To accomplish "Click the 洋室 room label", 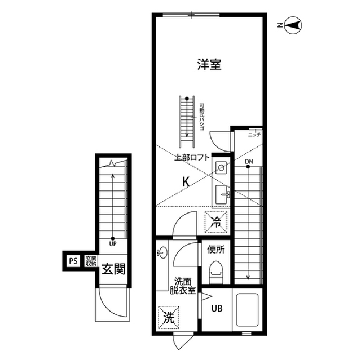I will tap(209, 65).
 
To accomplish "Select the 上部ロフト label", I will tap(192, 158).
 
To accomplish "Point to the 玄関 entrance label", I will tap(113, 269).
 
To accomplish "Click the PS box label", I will tap(73, 261).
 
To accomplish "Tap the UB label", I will tap(217, 309).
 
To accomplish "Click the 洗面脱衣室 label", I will tap(184, 286).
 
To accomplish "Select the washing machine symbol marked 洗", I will tap(169, 317).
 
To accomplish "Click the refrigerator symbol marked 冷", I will tap(216, 222).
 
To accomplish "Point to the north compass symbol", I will tap(293, 25).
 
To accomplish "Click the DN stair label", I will tap(249, 163).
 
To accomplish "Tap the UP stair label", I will tap(113, 244).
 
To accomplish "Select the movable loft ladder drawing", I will tap(187, 119).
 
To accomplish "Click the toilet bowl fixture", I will tap(216, 273).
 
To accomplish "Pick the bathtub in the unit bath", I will tap(245, 312).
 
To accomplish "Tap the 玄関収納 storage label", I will tap(90, 261).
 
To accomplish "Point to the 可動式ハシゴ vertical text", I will tap(201, 117).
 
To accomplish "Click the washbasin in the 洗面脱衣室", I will tap(161, 253).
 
